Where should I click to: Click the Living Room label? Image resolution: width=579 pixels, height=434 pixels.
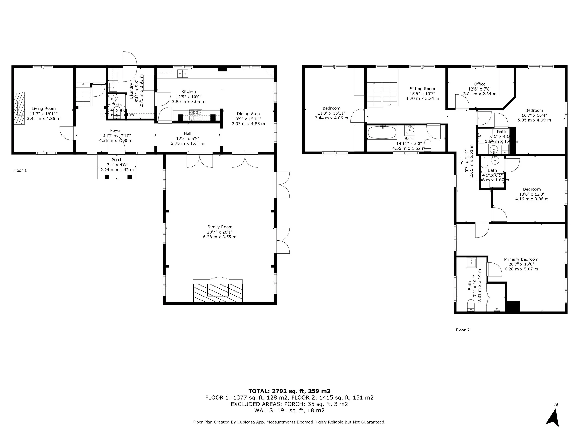coord(44,109)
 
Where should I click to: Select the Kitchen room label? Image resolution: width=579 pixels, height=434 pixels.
coord(189,92)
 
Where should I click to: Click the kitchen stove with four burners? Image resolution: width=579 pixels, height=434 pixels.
coord(195,115)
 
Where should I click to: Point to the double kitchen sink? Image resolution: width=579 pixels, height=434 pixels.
coord(183,74)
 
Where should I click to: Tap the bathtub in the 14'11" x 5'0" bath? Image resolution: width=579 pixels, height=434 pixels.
coord(382,133)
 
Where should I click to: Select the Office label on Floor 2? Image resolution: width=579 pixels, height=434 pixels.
coord(480,84)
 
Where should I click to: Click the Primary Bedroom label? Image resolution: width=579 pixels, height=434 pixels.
coord(521,259)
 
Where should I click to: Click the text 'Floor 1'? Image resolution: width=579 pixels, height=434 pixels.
coord(20,170)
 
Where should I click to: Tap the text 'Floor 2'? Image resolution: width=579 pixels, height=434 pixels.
coord(463,330)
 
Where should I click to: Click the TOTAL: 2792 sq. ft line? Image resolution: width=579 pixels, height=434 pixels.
coord(289,391)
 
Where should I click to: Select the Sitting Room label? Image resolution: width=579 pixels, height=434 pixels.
coord(422,89)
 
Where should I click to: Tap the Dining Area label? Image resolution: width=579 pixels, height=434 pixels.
coord(248,114)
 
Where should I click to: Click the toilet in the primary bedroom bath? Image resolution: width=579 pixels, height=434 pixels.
coord(471,305)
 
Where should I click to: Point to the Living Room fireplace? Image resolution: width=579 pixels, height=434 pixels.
coord(19,108)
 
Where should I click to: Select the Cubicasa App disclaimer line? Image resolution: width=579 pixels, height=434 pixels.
coord(289,422)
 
